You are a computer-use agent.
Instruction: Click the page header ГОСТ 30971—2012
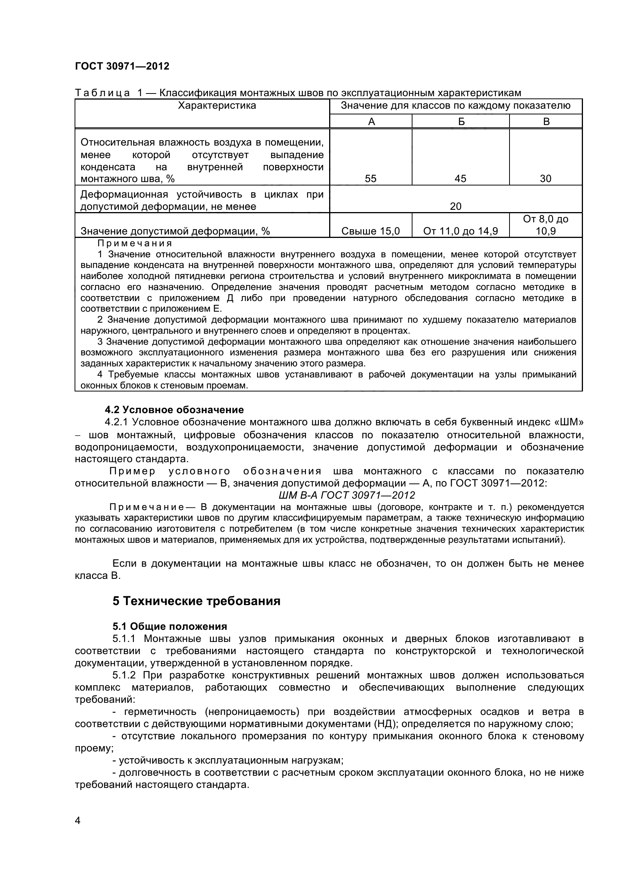coord(122,66)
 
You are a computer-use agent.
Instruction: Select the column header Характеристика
coord(217,106)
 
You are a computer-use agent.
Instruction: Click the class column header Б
coord(461,122)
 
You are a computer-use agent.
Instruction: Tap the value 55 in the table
coord(371,179)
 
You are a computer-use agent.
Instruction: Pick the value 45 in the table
coord(460,179)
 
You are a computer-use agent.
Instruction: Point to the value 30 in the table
coord(545,179)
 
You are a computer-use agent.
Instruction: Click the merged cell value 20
coord(456,206)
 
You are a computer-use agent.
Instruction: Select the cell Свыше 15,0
coord(371,231)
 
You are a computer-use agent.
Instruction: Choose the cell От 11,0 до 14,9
coord(460,231)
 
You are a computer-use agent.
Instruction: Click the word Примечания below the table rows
coord(134,244)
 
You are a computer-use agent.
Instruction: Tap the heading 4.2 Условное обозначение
coord(174,410)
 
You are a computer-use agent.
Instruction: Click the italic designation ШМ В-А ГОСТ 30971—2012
coord(347,495)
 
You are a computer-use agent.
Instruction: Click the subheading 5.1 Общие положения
coord(170,626)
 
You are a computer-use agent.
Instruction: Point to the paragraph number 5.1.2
coord(124,675)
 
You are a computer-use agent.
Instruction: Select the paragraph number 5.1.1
coord(124,639)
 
